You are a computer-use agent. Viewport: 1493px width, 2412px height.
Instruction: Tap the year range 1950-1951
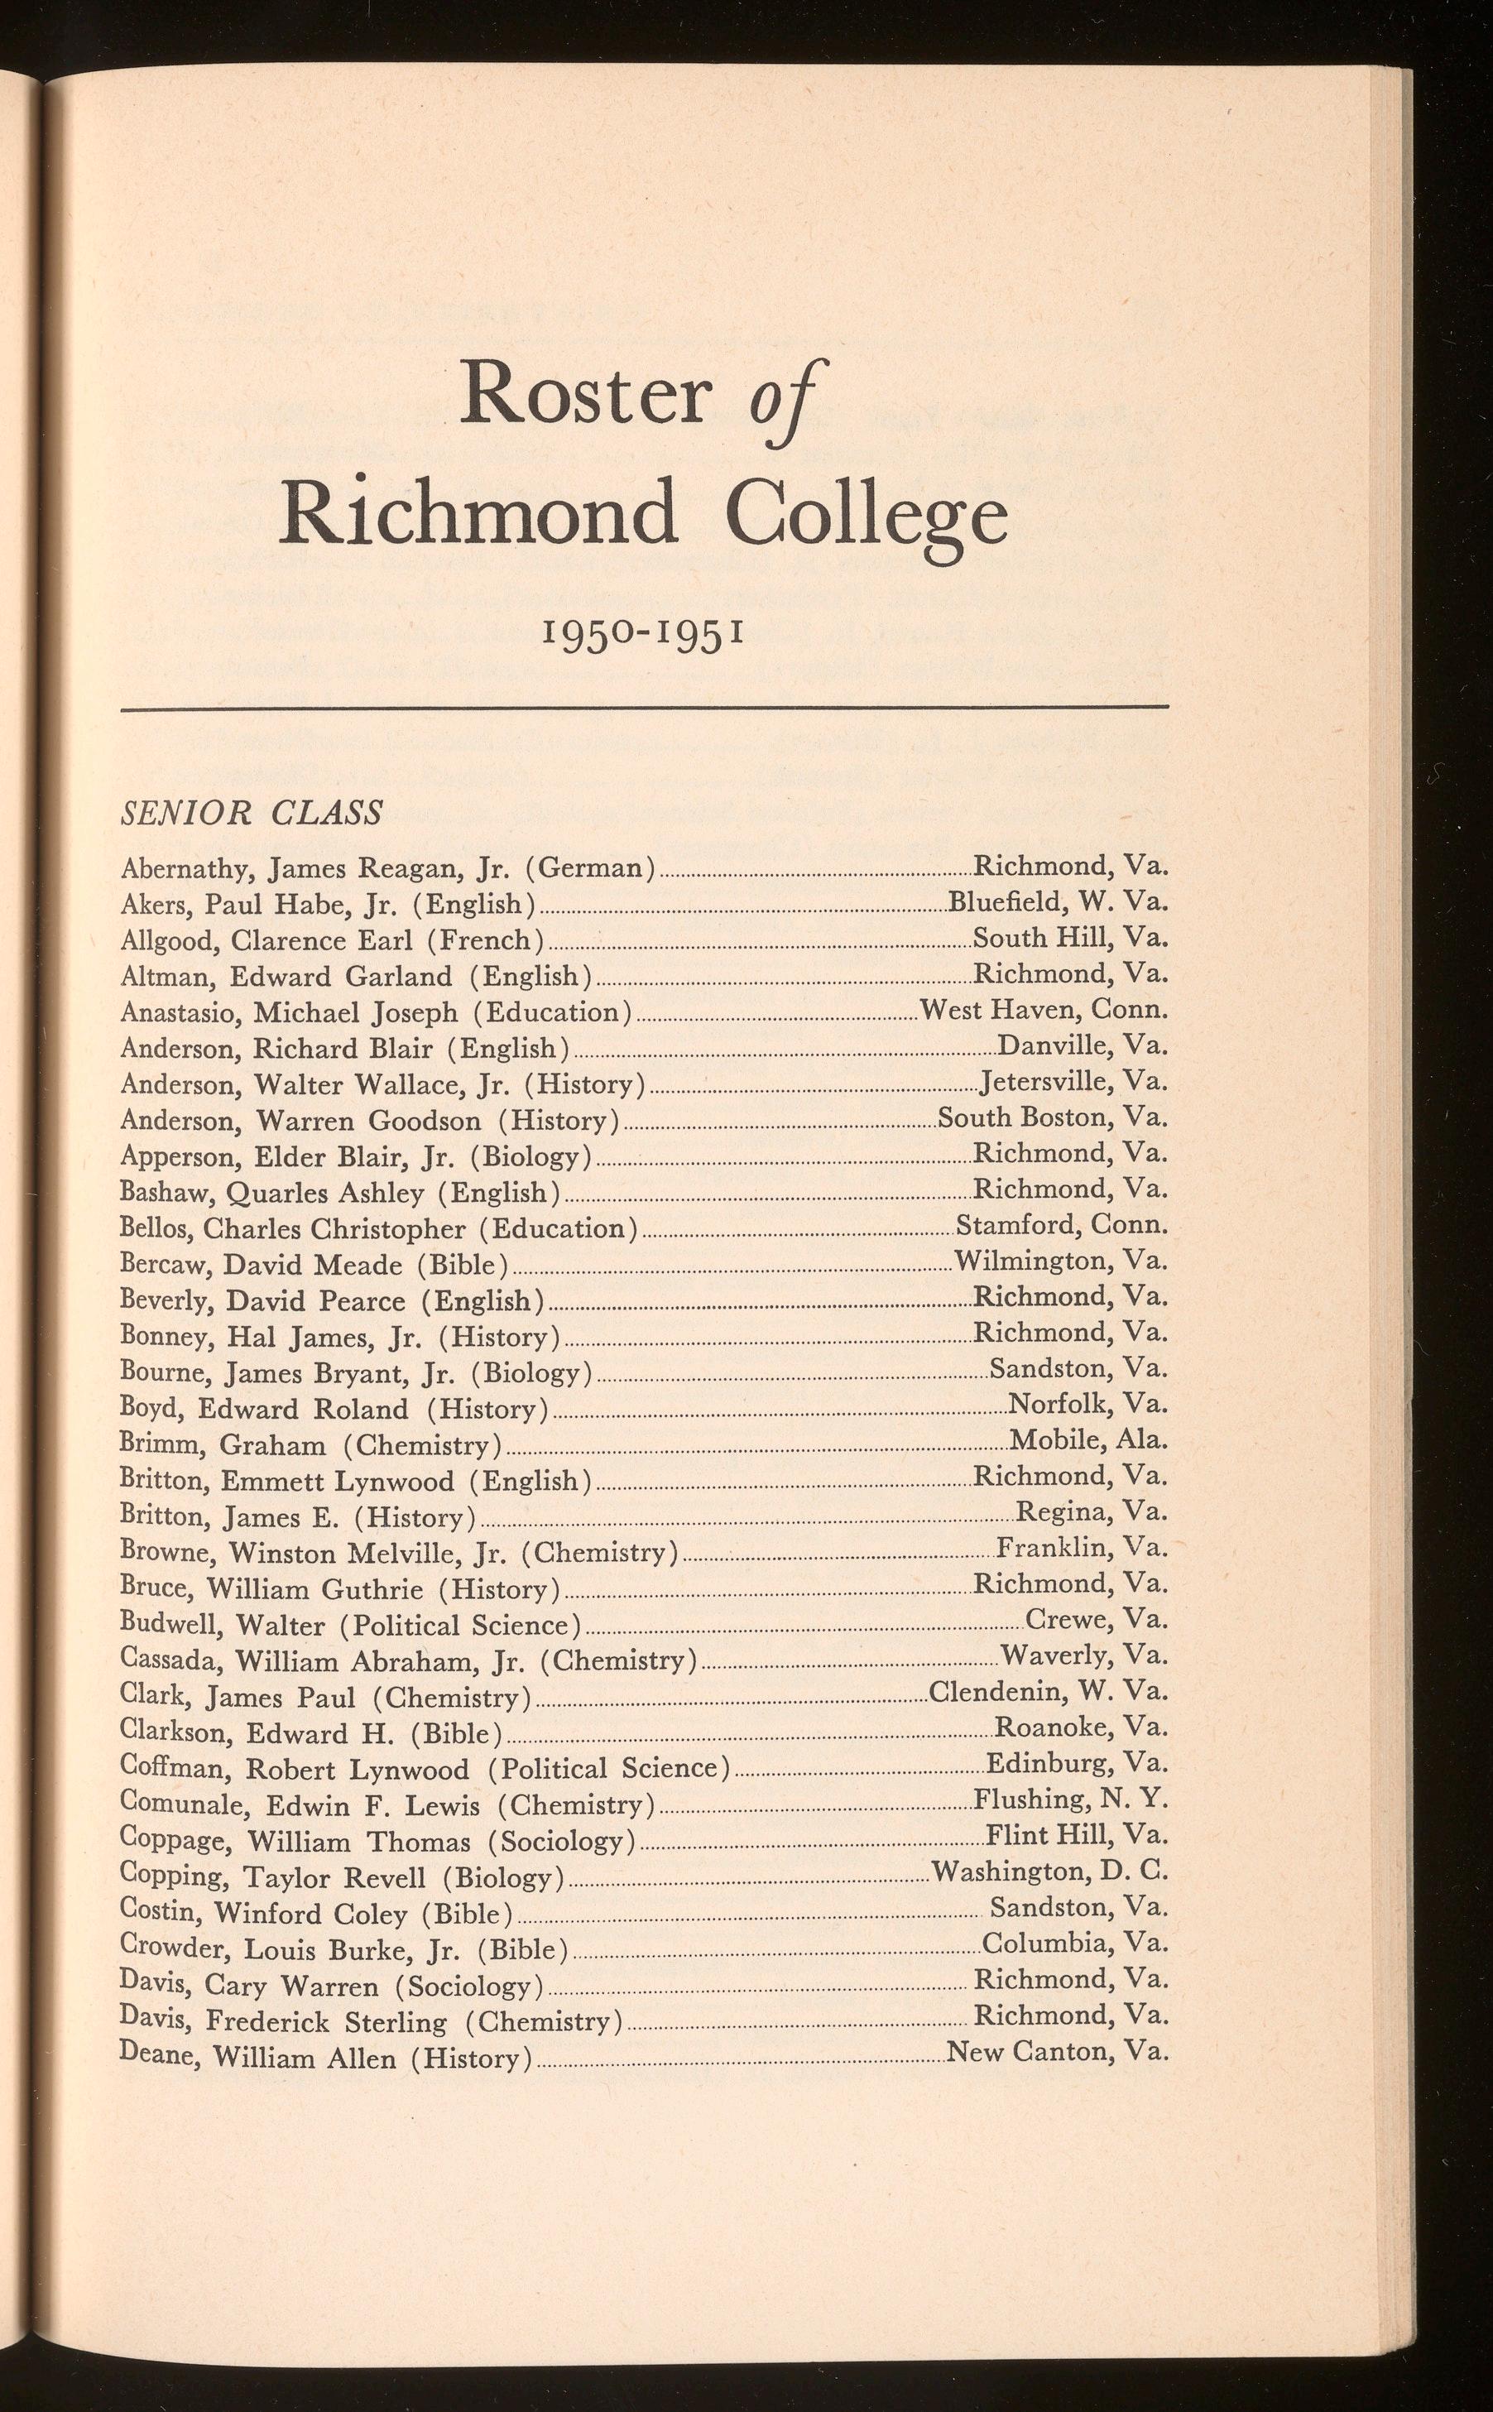tap(643, 629)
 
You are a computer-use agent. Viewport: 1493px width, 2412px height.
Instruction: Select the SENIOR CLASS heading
tap(251, 813)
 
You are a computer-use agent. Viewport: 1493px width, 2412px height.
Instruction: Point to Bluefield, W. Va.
tap(1058, 901)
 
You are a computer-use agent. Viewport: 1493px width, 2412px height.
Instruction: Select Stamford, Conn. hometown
tap(1062, 1225)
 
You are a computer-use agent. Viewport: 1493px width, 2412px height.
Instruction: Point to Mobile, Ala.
tap(1088, 1440)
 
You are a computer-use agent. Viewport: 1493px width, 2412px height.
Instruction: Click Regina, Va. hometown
tap(1091, 1511)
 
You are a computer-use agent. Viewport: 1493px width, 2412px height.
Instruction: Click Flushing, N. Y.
tap(1070, 1799)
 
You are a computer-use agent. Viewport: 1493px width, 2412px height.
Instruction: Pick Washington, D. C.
tap(1049, 1872)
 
